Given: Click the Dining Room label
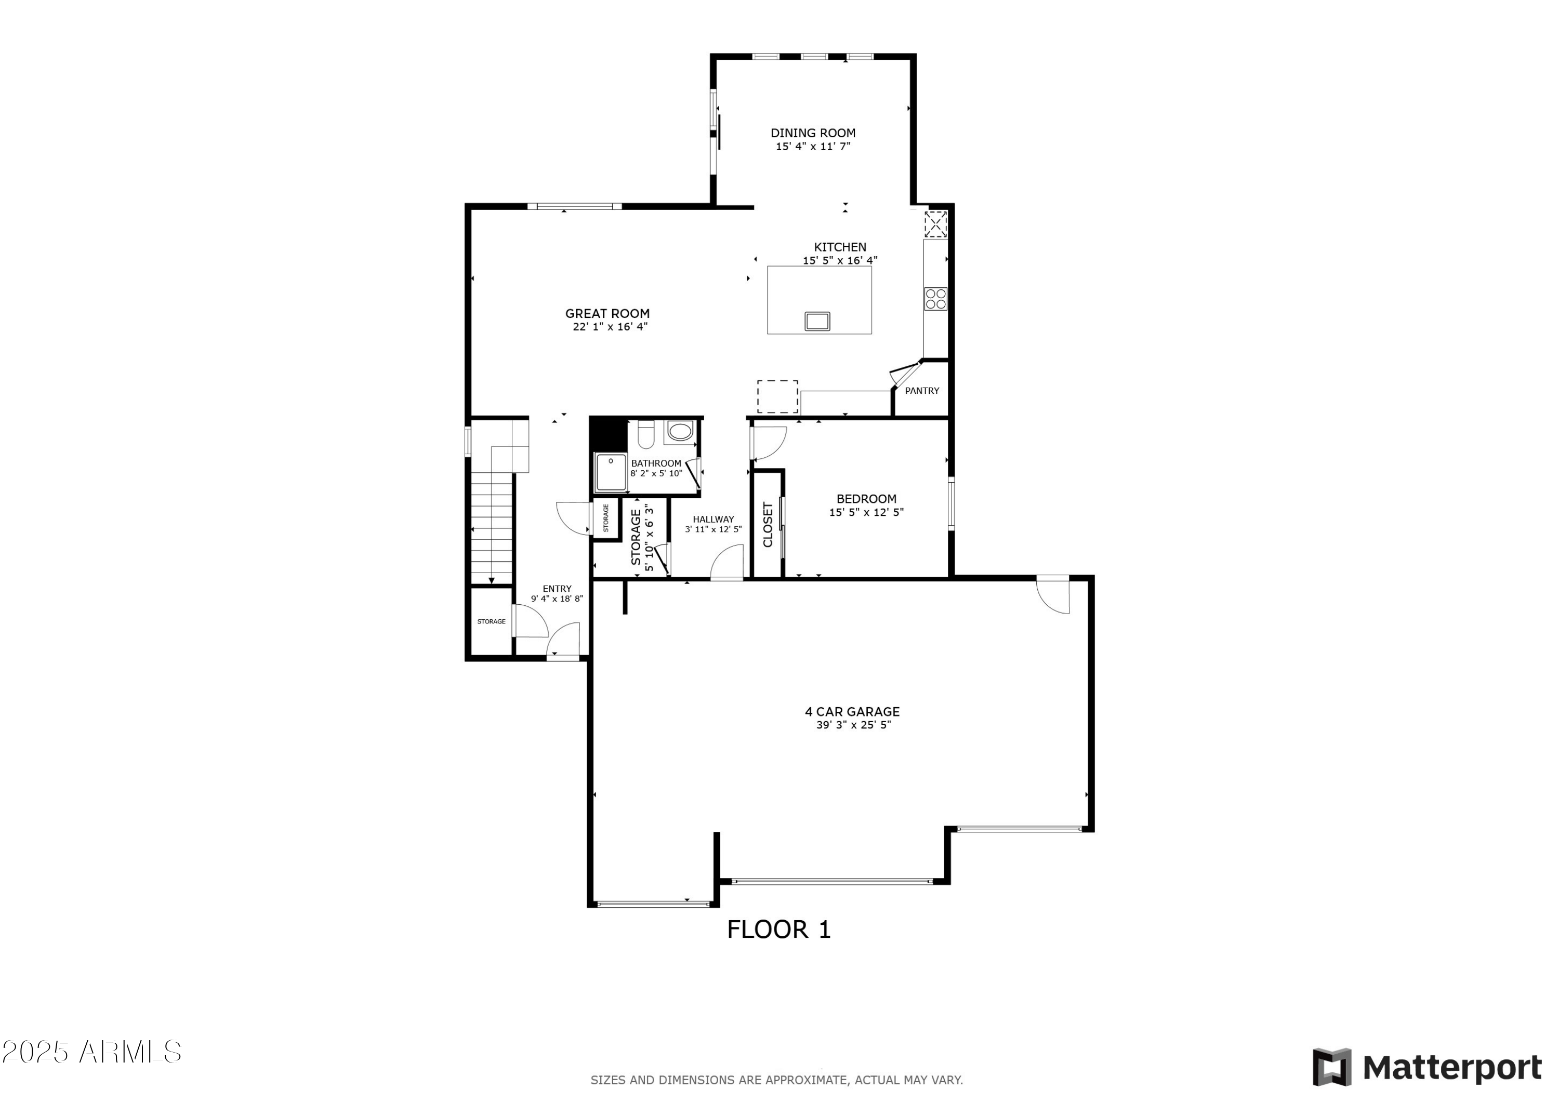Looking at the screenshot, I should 813,133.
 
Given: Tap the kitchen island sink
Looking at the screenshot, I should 817,321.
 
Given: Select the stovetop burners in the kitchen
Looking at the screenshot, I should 935,299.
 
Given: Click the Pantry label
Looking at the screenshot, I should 921,390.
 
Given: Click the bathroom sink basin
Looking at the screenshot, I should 680,431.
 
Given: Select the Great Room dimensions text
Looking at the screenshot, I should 610,327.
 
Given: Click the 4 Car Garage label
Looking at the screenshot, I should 852,712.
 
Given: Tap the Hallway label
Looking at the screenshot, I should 713,520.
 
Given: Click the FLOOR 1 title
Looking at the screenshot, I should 779,930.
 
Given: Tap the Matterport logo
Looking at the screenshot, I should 1426,1067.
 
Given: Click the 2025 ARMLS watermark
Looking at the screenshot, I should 91,1052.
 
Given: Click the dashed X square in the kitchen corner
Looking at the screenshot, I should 935,224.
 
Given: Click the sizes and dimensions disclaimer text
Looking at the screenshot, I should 776,1080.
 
